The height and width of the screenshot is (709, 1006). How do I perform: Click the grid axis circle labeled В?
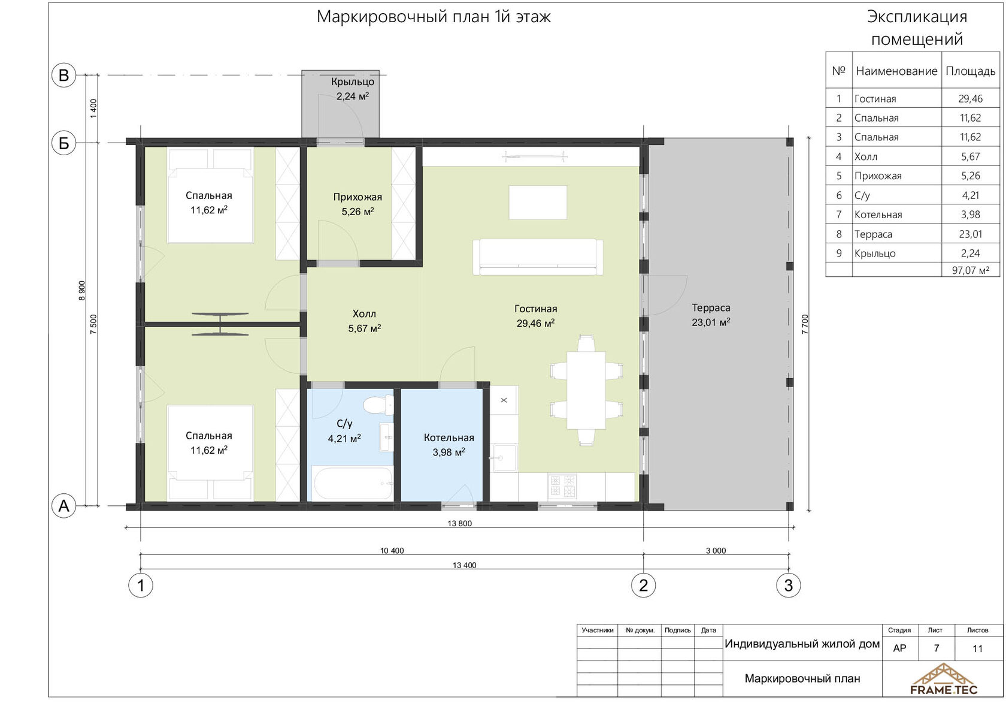click(63, 75)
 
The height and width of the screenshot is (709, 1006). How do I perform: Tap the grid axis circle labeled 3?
click(789, 586)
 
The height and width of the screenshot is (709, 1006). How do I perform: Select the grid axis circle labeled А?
click(63, 506)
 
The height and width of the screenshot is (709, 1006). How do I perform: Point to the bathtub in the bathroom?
click(353, 483)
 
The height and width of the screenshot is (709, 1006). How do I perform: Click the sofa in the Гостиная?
click(538, 257)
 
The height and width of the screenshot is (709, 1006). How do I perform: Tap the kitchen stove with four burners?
click(562, 486)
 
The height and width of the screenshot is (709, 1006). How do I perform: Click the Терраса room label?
click(711, 308)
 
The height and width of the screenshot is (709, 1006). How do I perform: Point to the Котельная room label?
click(449, 438)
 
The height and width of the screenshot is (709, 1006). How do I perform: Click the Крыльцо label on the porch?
click(353, 82)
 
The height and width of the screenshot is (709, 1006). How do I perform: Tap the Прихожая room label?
click(357, 197)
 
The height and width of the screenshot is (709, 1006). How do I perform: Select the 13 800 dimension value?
click(459, 523)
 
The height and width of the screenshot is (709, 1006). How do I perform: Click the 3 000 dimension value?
click(716, 551)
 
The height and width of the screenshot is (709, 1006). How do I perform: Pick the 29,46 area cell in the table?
click(971, 98)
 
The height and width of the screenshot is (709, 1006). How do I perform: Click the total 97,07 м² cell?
click(971, 270)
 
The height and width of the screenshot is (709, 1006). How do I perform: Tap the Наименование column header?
click(896, 71)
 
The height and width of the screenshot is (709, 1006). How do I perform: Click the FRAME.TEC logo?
click(944, 679)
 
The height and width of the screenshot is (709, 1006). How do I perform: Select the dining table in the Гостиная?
click(586, 390)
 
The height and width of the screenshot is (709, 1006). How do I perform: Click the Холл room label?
click(364, 314)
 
